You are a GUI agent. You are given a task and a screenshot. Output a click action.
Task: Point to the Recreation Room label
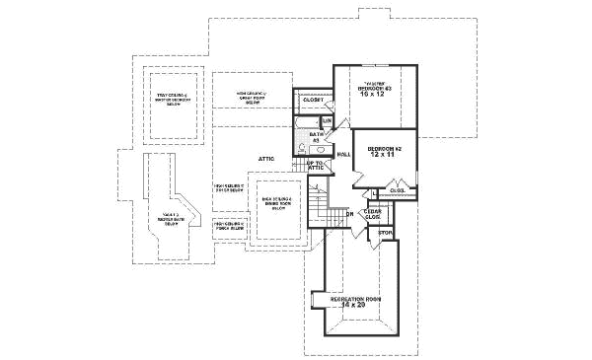click(356, 298)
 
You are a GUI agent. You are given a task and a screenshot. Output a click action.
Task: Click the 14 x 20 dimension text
click(356, 306)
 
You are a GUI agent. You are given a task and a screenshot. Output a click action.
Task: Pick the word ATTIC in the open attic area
click(265, 158)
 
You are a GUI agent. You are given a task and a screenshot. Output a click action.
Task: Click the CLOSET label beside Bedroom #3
click(313, 100)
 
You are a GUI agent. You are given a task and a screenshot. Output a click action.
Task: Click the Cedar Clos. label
click(372, 214)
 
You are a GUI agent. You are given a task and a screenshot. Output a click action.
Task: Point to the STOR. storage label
click(386, 234)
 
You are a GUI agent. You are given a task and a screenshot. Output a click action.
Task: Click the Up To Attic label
click(316, 166)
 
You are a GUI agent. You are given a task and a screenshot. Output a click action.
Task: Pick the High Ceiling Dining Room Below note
click(277, 204)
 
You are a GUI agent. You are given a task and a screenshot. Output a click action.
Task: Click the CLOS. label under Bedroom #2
click(397, 190)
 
